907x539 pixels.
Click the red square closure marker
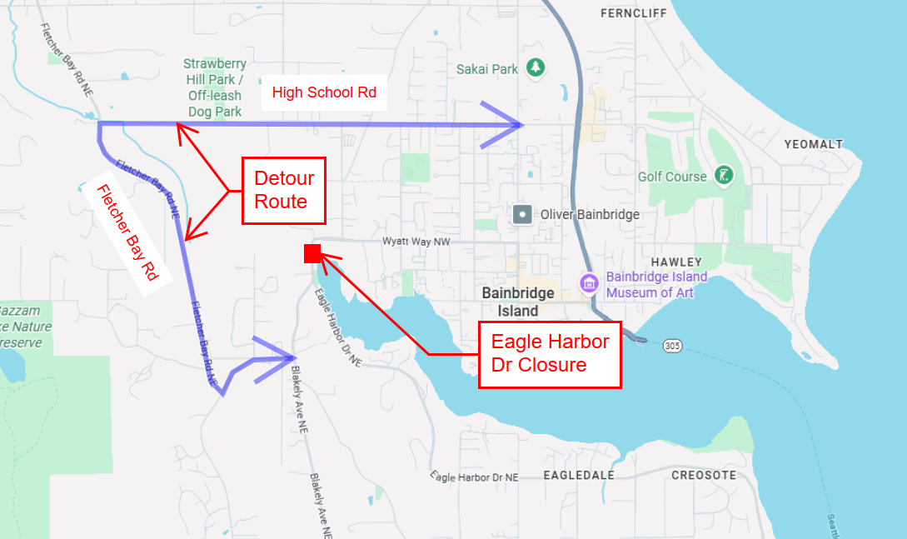point(312,253)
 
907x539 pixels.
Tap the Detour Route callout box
point(284,190)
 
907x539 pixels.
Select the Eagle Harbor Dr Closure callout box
point(550,353)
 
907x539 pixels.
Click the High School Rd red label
point(324,92)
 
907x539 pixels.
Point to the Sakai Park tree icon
point(537,67)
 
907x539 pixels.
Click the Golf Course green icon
point(725,176)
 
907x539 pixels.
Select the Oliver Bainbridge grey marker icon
point(522,214)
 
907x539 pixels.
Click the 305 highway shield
point(672,345)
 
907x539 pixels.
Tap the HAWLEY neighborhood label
point(676,262)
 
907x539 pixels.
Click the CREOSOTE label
point(704,475)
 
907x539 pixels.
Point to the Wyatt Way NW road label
point(416,241)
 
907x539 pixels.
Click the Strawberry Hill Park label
point(214,87)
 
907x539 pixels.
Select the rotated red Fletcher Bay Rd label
point(127,239)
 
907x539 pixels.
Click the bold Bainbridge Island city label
point(517,302)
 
